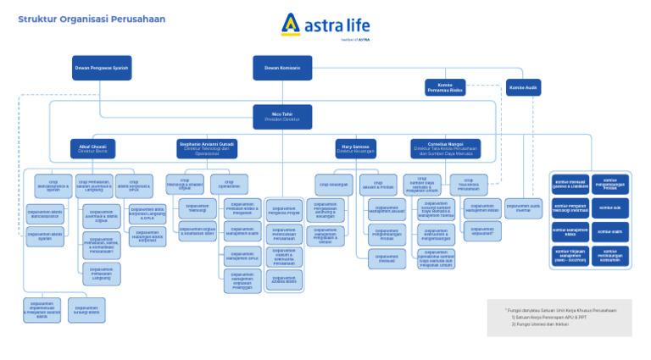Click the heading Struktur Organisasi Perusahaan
[92, 19]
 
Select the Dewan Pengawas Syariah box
[102, 68]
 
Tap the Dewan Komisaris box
[282, 68]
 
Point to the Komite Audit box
[523, 87]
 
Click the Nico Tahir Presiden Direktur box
[282, 116]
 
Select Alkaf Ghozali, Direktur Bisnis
[92, 148]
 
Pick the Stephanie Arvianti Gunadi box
[206, 148]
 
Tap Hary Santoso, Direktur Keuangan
[355, 148]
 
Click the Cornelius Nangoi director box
[445, 148]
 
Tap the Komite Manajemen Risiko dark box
[571, 231]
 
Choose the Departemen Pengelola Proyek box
[286, 210]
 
